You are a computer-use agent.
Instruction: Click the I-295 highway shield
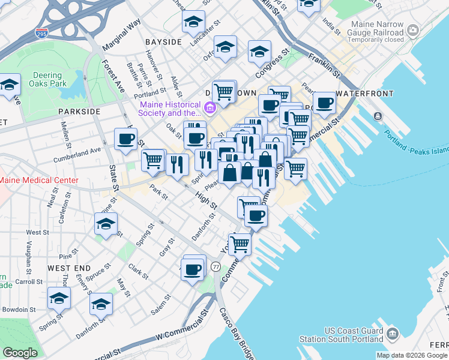42,32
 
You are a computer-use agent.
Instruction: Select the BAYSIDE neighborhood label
163,42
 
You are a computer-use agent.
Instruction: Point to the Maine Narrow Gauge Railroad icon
412,30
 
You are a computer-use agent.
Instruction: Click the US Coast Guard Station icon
392,333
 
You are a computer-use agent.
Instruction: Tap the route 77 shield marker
216,266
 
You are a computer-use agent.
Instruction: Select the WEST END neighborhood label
69,268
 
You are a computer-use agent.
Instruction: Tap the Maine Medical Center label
39,180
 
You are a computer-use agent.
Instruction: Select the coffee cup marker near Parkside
126,139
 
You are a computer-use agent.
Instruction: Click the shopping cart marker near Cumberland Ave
153,160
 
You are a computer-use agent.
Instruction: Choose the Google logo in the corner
20,353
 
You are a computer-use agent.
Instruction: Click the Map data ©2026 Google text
412,355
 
